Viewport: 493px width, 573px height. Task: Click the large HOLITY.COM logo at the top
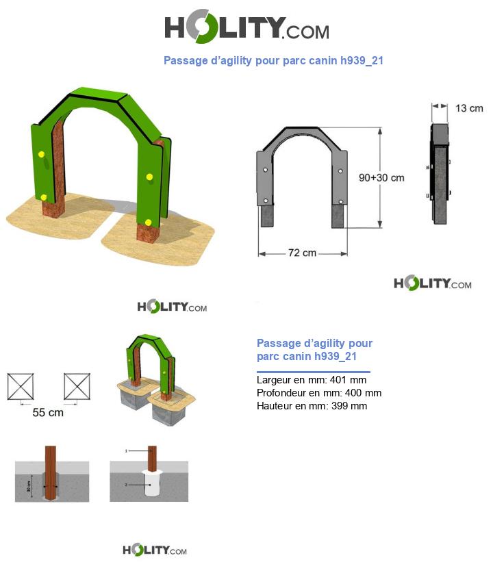(x=246, y=28)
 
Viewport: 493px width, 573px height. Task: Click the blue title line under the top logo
(x=273, y=60)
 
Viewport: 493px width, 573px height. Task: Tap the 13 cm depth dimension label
(x=469, y=107)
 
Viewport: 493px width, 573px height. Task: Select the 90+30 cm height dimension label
(x=381, y=177)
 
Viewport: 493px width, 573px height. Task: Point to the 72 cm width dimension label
(x=302, y=253)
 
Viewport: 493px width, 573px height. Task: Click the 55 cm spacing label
(x=48, y=413)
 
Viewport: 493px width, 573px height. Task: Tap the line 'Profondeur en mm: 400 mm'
(x=318, y=393)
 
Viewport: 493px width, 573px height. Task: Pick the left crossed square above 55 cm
(x=21, y=386)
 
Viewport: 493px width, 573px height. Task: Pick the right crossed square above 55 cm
(x=77, y=386)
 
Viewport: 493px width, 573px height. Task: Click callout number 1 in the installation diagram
(x=126, y=451)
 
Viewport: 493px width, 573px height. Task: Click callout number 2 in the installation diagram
(x=126, y=485)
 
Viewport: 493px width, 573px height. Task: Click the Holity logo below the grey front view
(x=433, y=283)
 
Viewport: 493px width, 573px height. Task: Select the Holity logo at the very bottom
(x=155, y=550)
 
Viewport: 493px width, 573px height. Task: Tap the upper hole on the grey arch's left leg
(x=265, y=168)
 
